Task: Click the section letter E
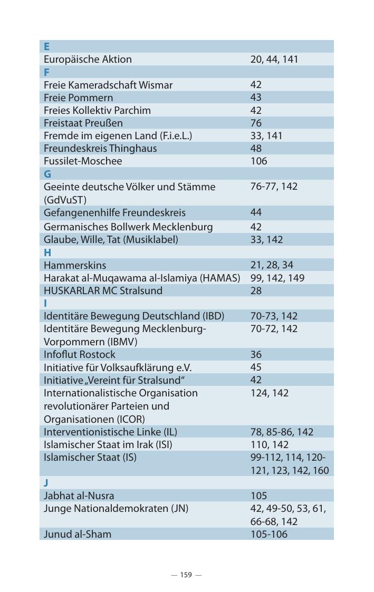click(x=46, y=46)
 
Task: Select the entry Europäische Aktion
click(x=88, y=59)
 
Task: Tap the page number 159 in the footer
click(x=186, y=575)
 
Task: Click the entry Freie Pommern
click(x=78, y=98)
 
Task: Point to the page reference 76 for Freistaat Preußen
click(x=256, y=123)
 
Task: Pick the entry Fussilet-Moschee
click(x=83, y=161)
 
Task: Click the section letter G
click(x=47, y=174)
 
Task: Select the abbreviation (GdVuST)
click(x=65, y=200)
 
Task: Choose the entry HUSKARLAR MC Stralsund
click(x=103, y=290)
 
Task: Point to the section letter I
click(x=45, y=303)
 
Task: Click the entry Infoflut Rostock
click(x=79, y=354)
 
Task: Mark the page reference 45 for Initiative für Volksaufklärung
click(x=256, y=367)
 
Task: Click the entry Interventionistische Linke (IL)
click(x=110, y=432)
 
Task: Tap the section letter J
click(x=46, y=483)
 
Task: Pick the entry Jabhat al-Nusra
click(x=79, y=496)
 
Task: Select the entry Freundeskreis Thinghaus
click(x=100, y=148)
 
